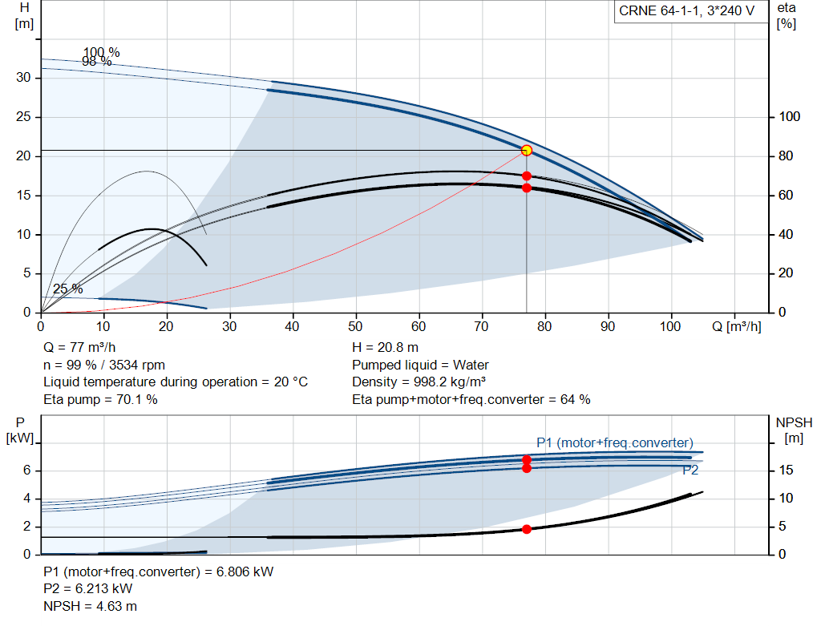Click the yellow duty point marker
tap(527, 151)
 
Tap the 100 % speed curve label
tap(101, 52)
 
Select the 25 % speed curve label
tap(67, 289)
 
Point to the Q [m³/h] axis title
tap(736, 326)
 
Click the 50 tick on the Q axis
tap(355, 326)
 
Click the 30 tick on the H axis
tap(23, 78)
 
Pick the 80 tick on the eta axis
tap(786, 156)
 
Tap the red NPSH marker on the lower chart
tap(527, 529)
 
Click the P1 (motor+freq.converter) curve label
tap(615, 442)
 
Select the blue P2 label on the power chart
tap(690, 470)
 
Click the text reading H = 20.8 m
tap(385, 348)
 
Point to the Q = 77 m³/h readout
tap(79, 348)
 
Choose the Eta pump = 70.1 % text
tap(100, 399)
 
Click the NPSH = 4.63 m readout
tap(90, 606)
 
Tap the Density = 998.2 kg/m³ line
tap(419, 382)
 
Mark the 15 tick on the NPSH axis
tap(786, 470)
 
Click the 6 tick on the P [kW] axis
tap(26, 470)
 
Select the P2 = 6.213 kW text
tap(88, 589)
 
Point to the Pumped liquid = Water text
tap(420, 365)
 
